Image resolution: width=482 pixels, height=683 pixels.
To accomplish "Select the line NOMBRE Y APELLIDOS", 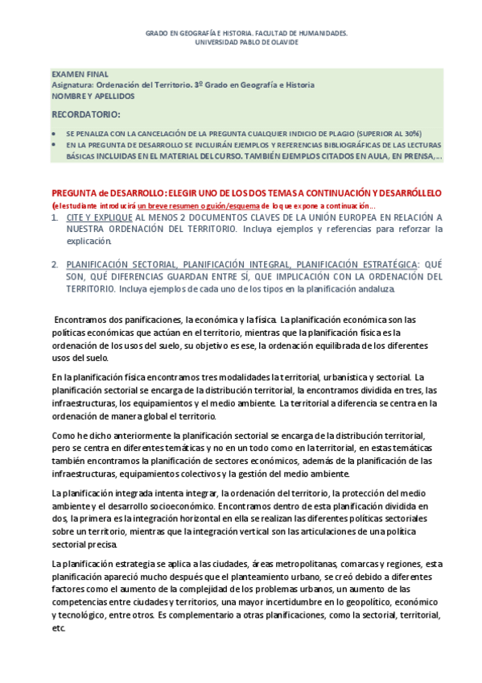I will [x=93, y=96].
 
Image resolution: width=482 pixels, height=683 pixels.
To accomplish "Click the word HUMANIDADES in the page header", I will [x=321, y=34].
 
